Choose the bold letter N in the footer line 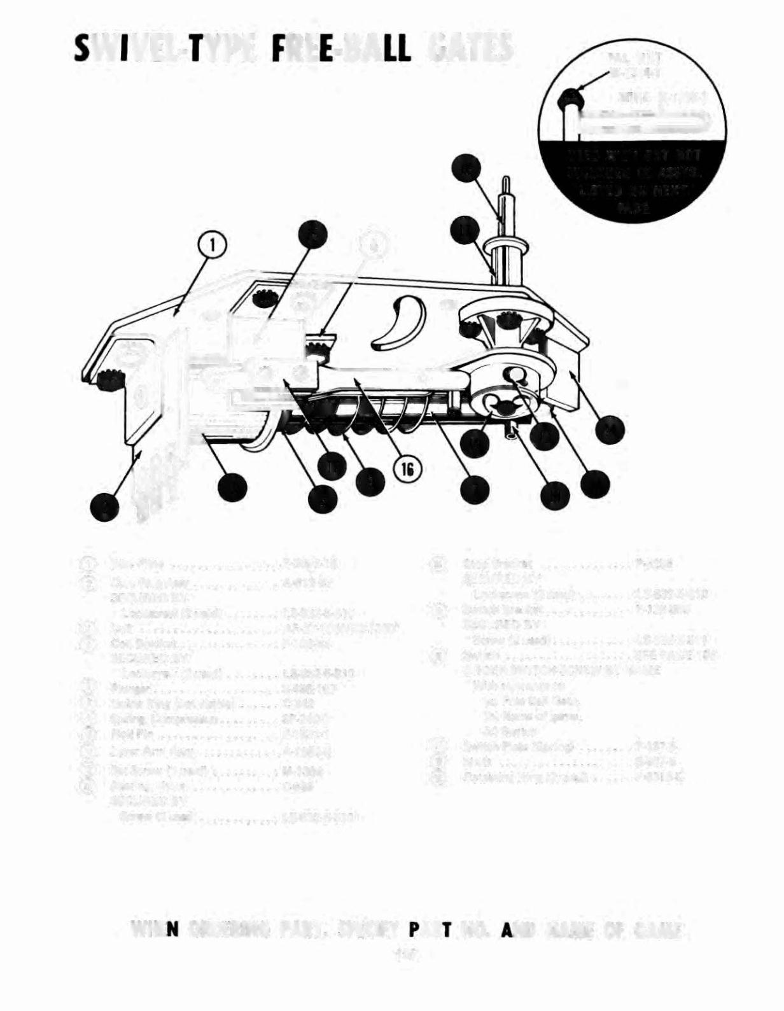[x=170, y=931]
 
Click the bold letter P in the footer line [x=414, y=931]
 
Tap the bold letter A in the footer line [x=507, y=931]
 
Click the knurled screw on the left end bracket [x=109, y=380]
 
